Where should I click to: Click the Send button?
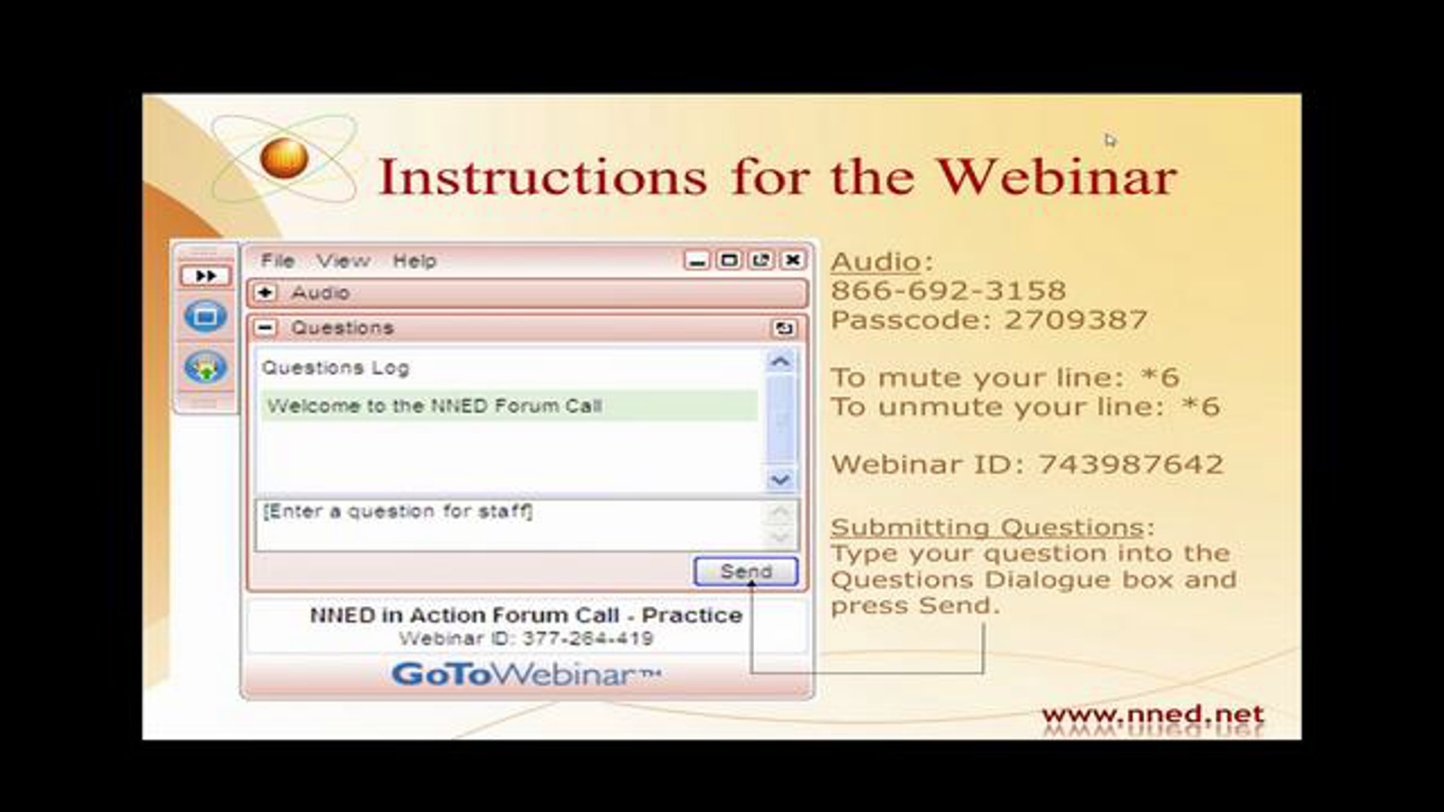point(746,571)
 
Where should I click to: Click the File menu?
point(277,261)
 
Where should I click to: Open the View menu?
point(344,261)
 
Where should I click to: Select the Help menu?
point(415,261)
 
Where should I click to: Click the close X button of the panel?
point(792,260)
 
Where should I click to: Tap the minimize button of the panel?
point(697,260)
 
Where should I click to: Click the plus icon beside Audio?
point(265,292)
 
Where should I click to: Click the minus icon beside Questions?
point(265,328)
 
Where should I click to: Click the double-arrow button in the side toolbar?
point(206,275)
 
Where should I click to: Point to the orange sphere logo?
point(285,158)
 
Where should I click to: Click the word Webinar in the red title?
point(1057,177)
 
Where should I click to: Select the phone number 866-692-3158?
point(948,291)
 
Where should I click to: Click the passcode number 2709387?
point(1076,319)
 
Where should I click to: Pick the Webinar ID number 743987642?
point(1131,464)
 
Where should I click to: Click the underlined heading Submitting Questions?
point(987,527)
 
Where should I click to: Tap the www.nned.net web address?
point(1153,715)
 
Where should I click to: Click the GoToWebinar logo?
point(526,674)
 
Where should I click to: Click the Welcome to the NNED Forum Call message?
point(434,406)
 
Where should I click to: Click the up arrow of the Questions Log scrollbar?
point(780,362)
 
